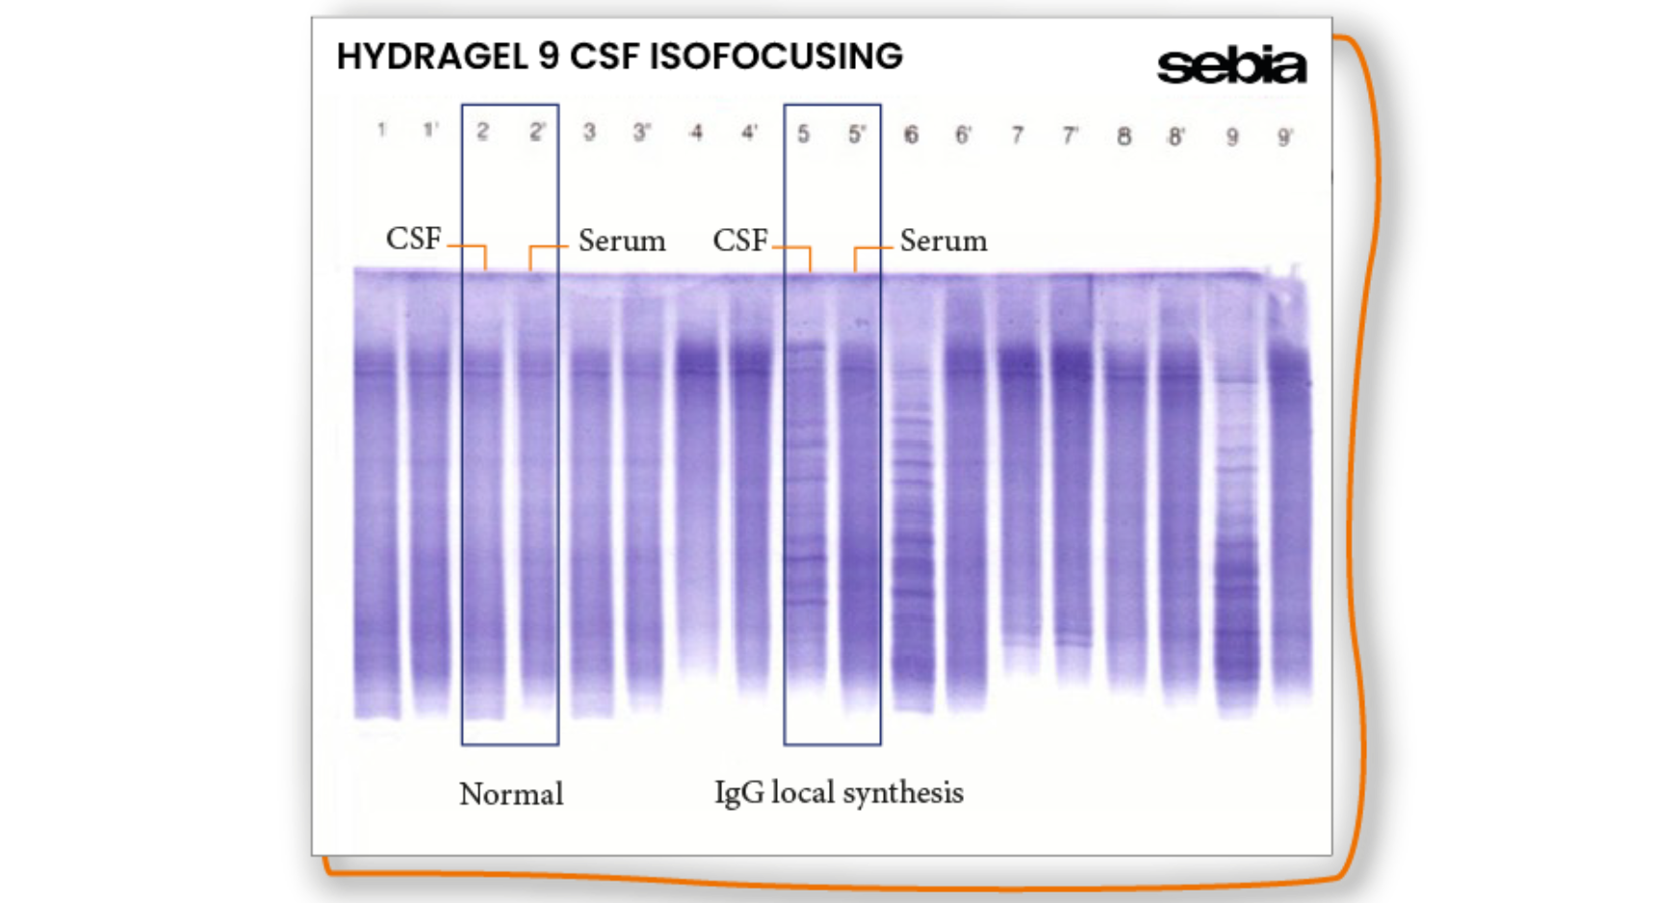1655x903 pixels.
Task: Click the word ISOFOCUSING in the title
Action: tap(775, 57)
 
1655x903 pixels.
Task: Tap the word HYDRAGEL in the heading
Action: tap(432, 57)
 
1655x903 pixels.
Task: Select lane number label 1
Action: tap(382, 130)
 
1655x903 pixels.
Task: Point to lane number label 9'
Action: tap(1284, 138)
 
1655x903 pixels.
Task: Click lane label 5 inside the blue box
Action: tap(803, 134)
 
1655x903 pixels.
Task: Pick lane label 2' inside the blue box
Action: tap(537, 132)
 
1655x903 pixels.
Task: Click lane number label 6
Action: tap(910, 135)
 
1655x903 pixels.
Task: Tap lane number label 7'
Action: tap(1070, 136)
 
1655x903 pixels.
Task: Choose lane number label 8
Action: tap(1124, 137)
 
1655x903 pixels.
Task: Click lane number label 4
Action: tap(696, 133)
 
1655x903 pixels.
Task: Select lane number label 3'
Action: tap(641, 133)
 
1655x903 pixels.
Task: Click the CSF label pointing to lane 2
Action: tap(413, 239)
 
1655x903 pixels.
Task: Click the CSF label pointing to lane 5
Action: tap(739, 240)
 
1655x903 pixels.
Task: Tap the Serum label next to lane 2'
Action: tap(621, 241)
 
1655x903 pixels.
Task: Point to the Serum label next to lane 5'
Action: tap(943, 241)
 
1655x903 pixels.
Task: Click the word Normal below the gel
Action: tap(510, 794)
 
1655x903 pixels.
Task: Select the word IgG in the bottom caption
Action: tap(738, 793)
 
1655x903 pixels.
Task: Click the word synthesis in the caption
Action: tap(904, 793)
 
